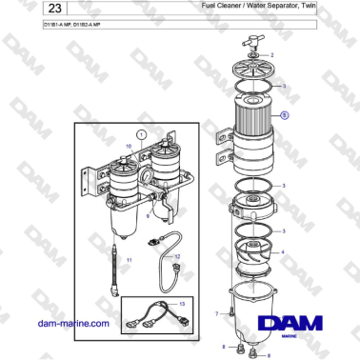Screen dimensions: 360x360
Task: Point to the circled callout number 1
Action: click(x=142, y=135)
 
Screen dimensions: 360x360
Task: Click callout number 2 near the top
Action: click(x=272, y=56)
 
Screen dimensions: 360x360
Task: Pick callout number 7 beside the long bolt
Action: click(x=217, y=311)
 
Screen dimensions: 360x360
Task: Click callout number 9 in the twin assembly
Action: click(x=149, y=217)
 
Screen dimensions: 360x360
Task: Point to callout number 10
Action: click(x=130, y=145)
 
